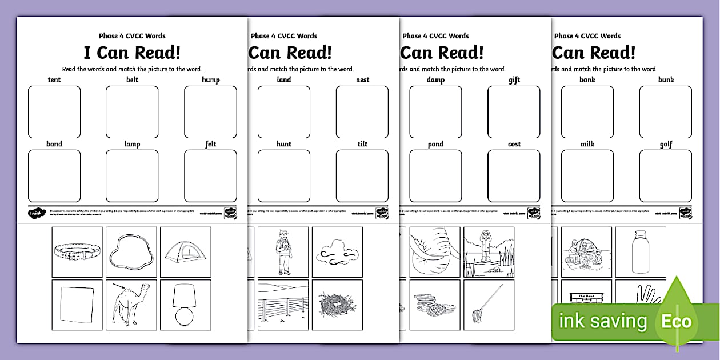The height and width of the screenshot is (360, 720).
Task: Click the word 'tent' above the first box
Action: click(54, 80)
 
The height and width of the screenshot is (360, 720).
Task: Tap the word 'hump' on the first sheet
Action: click(210, 80)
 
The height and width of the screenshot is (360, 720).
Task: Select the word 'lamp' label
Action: click(132, 145)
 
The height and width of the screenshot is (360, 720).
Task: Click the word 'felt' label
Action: click(210, 145)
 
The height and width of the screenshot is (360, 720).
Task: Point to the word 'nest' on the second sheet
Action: click(362, 80)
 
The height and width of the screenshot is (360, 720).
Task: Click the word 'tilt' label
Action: click(362, 145)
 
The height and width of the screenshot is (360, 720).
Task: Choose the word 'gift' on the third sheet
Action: click(514, 81)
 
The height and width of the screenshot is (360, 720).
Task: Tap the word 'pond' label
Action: click(435, 145)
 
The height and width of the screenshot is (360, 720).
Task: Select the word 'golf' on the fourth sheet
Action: click(666, 145)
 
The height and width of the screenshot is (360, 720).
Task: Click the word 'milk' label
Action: click(587, 145)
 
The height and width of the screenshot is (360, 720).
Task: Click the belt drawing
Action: click(77, 252)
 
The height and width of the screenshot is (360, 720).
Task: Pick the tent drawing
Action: click(185, 251)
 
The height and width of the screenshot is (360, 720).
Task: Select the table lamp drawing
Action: click(185, 305)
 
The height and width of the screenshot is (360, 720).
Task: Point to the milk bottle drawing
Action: click(639, 251)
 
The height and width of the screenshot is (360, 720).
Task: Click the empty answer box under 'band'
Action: click(54, 176)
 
